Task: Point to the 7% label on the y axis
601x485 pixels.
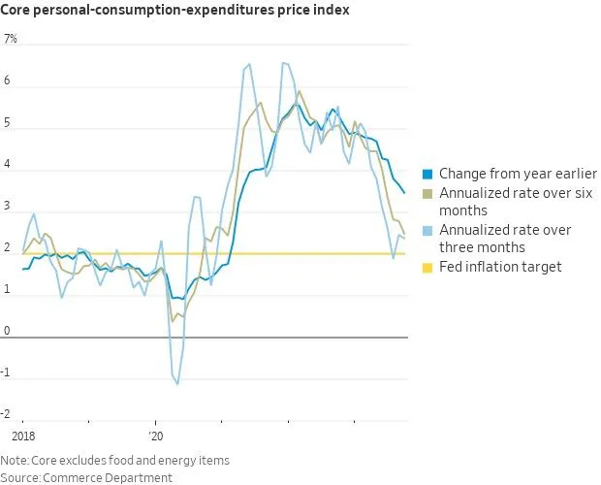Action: click(11, 40)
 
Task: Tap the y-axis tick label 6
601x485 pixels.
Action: click(7, 81)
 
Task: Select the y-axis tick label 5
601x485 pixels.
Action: click(7, 123)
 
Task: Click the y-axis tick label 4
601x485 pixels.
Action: click(7, 165)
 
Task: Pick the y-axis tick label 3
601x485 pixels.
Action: click(7, 207)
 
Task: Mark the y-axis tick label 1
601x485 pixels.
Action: click(7, 289)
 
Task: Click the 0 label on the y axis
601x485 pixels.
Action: click(7, 331)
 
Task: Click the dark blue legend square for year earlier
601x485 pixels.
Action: click(427, 175)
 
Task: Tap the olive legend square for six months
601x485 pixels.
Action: click(427, 194)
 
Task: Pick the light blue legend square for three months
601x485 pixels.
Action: click(427, 231)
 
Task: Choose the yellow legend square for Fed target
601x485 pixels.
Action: click(427, 267)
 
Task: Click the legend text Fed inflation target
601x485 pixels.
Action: click(500, 267)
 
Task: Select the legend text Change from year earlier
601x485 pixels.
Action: click(518, 175)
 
